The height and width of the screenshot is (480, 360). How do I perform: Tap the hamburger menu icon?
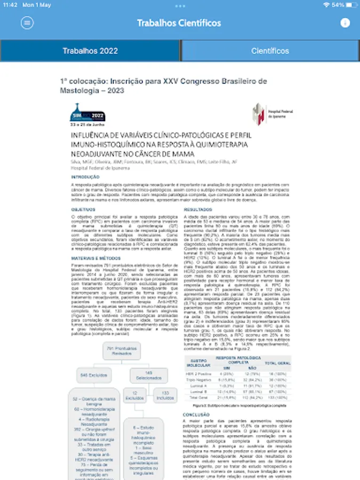click(27, 23)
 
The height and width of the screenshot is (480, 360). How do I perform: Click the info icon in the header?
click(345, 23)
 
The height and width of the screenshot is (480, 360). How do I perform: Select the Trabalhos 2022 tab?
click(90, 51)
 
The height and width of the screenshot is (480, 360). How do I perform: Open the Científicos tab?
click(270, 51)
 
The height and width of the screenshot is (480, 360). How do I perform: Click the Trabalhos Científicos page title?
click(179, 23)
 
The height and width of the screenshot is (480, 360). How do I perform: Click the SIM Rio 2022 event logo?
click(89, 115)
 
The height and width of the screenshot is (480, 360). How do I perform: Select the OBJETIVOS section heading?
click(83, 210)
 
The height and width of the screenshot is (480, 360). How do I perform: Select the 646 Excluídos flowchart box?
click(91, 374)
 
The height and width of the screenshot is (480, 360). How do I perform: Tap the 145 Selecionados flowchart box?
click(148, 374)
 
